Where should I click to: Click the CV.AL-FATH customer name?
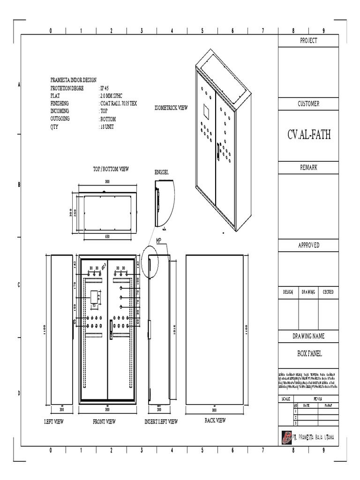point(309,135)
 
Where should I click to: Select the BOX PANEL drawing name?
point(308,354)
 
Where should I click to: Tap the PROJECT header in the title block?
point(308,41)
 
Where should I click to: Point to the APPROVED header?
point(308,245)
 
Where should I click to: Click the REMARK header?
point(308,167)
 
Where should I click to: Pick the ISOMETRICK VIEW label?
point(171,108)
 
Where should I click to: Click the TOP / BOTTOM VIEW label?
point(111,168)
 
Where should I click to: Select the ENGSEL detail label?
point(161,172)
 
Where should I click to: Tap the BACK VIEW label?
point(215,420)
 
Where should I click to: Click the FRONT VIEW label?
point(104,422)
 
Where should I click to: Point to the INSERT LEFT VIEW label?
point(161,422)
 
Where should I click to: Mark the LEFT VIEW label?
point(54,422)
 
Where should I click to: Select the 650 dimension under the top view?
point(107,237)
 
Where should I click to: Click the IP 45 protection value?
point(104,88)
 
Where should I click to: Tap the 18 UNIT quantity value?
point(106,127)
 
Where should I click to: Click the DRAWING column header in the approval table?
point(308,292)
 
